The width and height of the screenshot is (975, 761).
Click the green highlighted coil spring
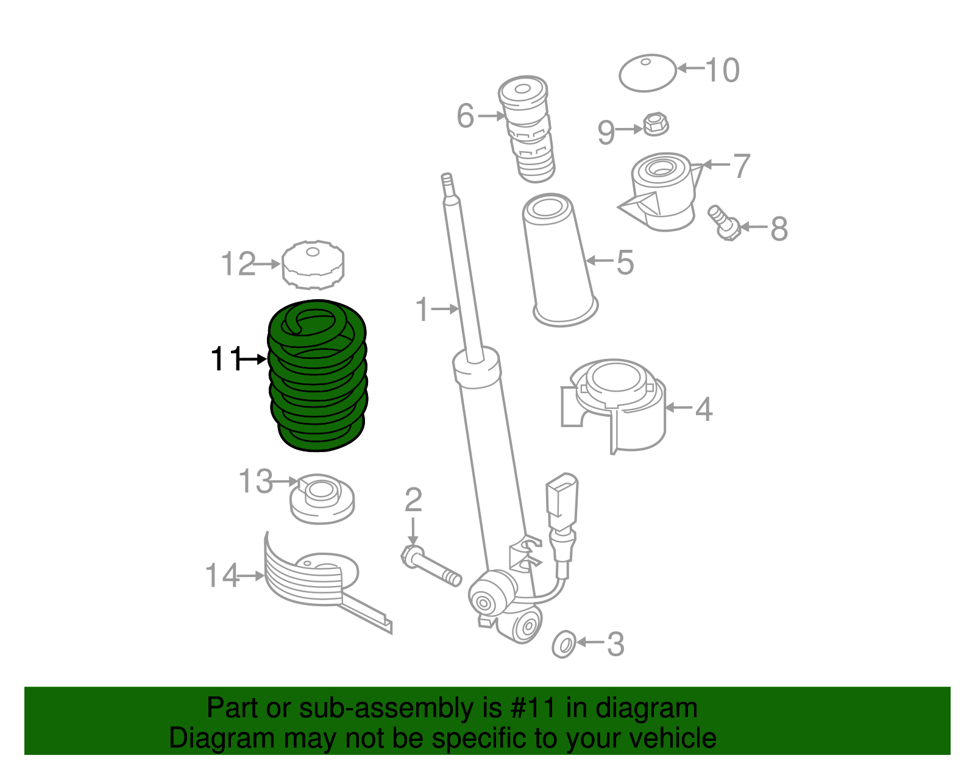pyautogui.click(x=317, y=378)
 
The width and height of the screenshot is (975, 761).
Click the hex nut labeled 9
pyautogui.click(x=656, y=124)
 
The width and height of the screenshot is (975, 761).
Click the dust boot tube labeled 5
pyautogui.click(x=559, y=262)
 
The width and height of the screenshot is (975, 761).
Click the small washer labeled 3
pyautogui.click(x=564, y=644)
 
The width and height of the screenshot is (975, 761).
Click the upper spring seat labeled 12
pyautogui.click(x=313, y=265)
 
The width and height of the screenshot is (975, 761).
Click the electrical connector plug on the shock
pyautogui.click(x=562, y=497)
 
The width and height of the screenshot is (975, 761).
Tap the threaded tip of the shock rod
pyautogui.click(x=447, y=182)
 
